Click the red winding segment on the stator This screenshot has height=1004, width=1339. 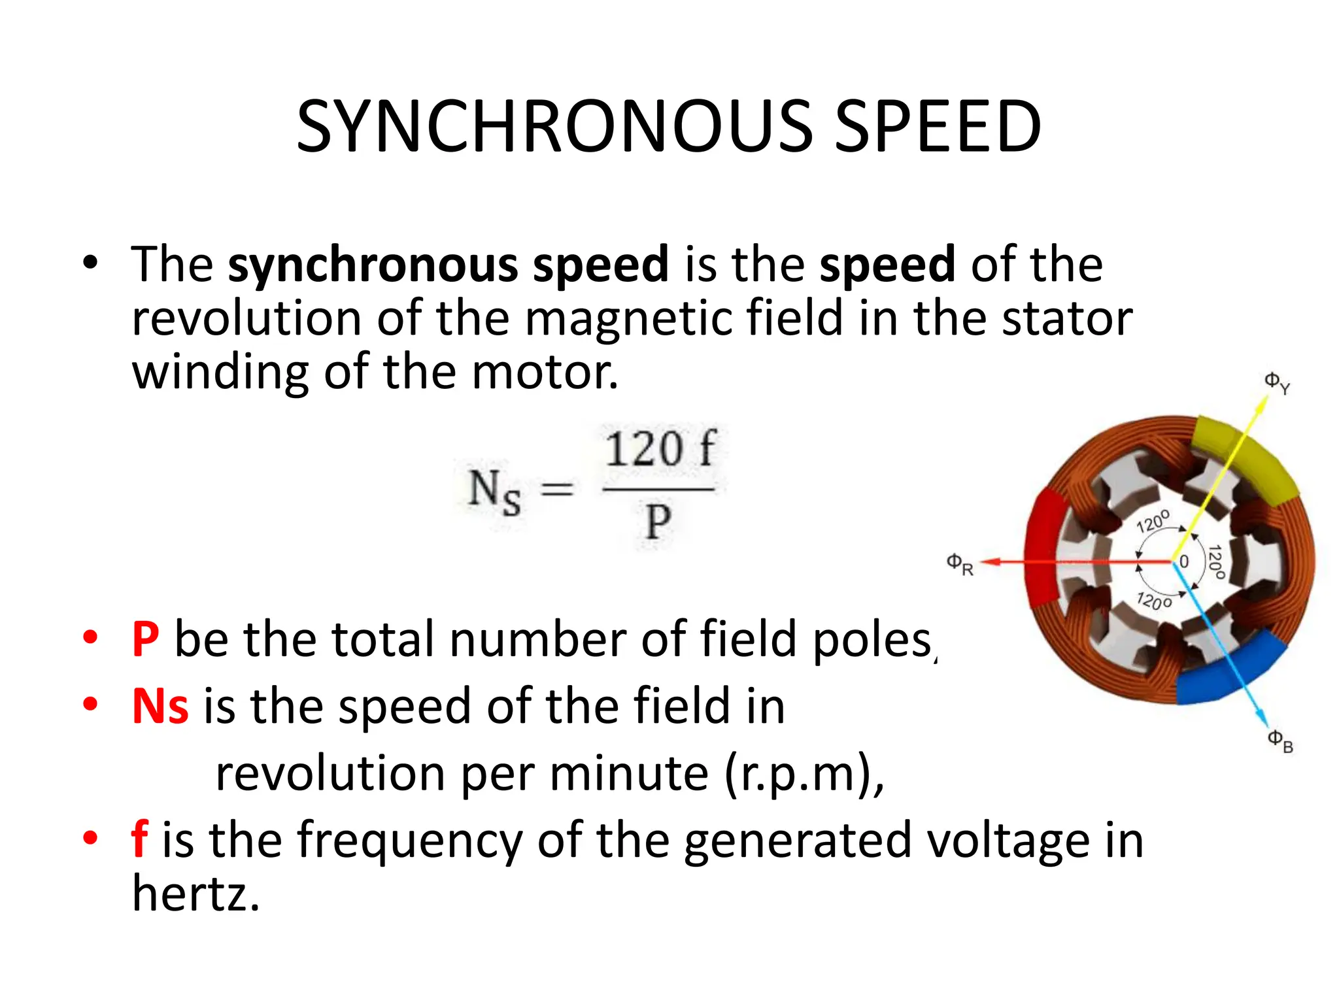click(x=1045, y=549)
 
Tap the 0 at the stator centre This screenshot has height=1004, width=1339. click(x=1184, y=561)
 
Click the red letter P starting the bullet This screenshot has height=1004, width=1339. click(x=145, y=639)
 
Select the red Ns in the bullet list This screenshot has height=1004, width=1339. click(x=160, y=707)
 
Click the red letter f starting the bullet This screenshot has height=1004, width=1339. click(x=139, y=839)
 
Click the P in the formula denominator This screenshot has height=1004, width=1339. click(x=658, y=523)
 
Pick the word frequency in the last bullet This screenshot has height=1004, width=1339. click(x=409, y=841)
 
